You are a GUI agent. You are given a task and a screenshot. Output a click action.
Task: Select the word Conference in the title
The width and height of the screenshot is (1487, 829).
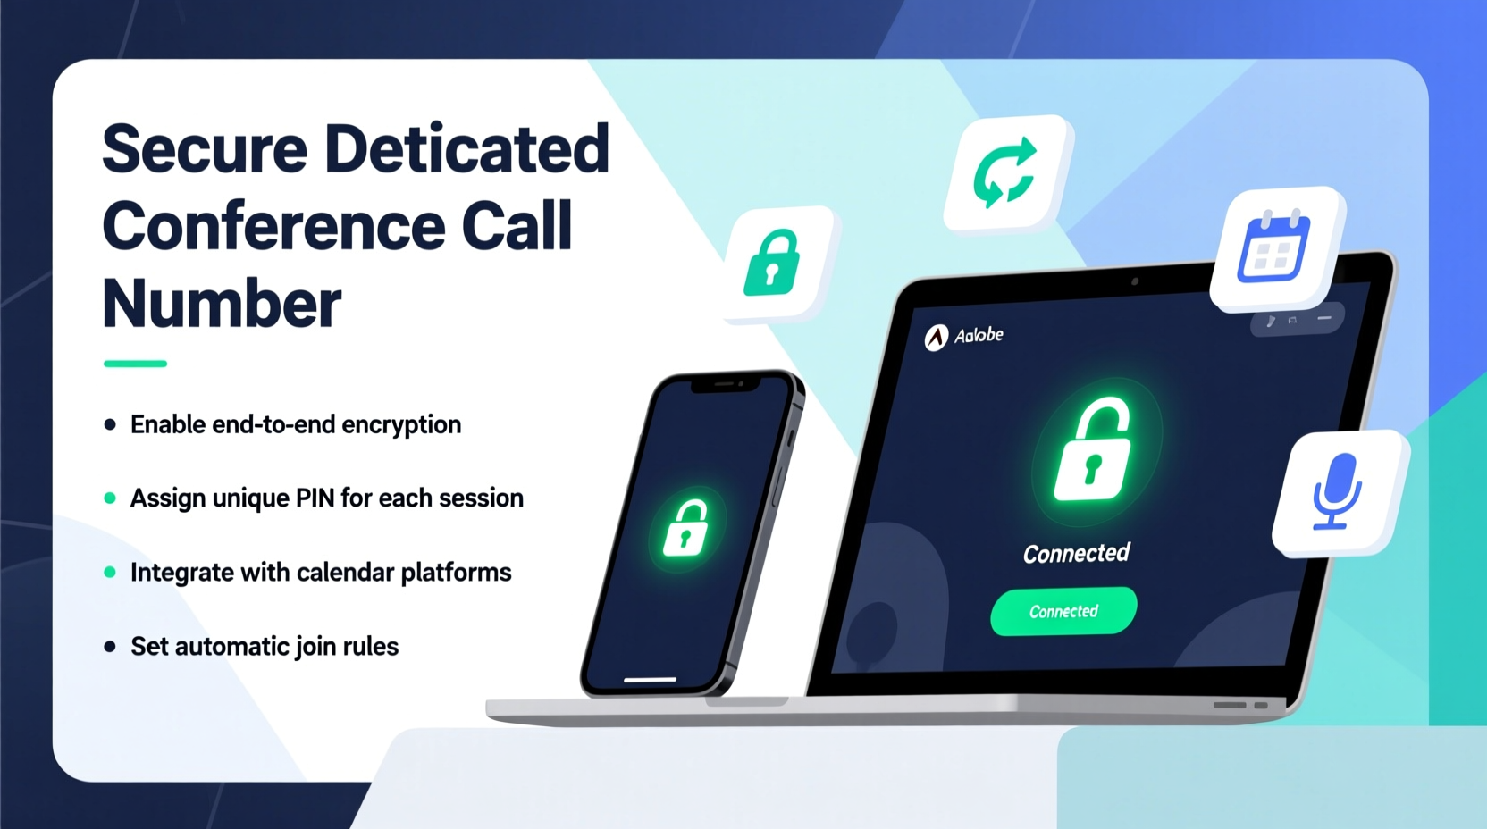pyautogui.click(x=273, y=226)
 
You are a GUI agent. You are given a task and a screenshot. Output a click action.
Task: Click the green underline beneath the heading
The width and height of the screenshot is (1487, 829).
pyautogui.click(x=135, y=364)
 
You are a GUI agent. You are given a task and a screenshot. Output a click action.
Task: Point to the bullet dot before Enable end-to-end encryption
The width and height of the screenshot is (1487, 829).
pyautogui.click(x=110, y=424)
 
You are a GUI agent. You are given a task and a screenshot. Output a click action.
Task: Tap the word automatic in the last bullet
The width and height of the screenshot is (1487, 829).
pyautogui.click(x=231, y=646)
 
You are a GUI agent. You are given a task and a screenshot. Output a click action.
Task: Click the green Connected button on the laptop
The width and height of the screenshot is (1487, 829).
pyautogui.click(x=1063, y=611)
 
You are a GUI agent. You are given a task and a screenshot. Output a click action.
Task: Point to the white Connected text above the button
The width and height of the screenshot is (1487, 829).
pyautogui.click(x=1077, y=554)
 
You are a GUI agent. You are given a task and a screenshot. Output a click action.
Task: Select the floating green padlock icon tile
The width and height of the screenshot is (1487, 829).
pyautogui.click(x=774, y=263)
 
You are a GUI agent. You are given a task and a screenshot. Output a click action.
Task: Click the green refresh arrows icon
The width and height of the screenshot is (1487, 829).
pyautogui.click(x=1005, y=172)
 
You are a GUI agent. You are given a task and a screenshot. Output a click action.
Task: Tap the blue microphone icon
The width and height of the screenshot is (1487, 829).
pyautogui.click(x=1337, y=491)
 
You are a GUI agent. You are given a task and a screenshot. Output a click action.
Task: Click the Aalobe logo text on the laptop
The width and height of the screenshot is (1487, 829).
pyautogui.click(x=979, y=335)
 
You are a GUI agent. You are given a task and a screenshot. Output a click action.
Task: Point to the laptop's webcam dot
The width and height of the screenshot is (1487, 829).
pyautogui.click(x=1135, y=281)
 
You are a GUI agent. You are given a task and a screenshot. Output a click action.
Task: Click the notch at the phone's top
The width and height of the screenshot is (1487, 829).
pyautogui.click(x=725, y=384)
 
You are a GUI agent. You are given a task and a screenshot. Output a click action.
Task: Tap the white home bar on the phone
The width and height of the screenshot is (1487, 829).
pyautogui.click(x=650, y=680)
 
